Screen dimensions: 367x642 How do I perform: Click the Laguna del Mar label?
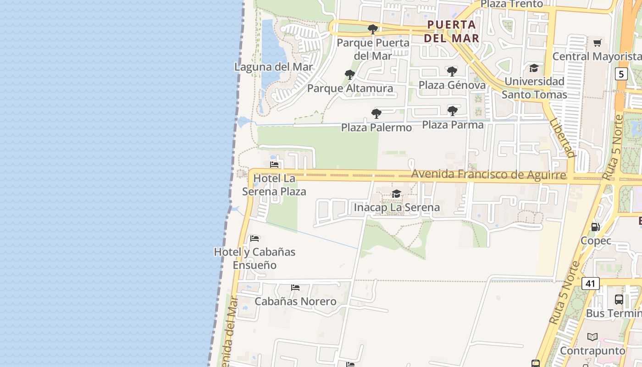(x=273, y=67)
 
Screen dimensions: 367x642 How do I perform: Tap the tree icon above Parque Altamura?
(x=350, y=75)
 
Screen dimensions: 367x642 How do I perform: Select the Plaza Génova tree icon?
(x=452, y=72)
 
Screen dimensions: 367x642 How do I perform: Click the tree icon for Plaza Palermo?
(x=376, y=113)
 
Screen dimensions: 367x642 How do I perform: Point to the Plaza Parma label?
(x=453, y=125)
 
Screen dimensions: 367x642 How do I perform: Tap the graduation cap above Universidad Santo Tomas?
(x=534, y=68)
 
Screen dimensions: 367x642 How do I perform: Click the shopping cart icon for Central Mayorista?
(x=597, y=43)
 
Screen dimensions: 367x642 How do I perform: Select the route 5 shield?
(x=621, y=74)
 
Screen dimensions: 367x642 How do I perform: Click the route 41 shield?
(x=590, y=284)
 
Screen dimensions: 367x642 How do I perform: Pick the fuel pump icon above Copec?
(x=595, y=227)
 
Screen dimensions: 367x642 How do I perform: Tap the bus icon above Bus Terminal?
(x=619, y=300)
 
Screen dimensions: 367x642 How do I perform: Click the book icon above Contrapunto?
(x=592, y=337)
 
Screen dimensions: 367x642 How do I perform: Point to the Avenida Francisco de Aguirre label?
(x=488, y=175)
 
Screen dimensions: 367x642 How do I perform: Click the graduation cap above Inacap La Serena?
(x=396, y=194)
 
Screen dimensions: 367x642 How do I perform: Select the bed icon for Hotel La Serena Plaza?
(x=274, y=165)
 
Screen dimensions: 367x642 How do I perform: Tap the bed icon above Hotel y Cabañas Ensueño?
(x=255, y=239)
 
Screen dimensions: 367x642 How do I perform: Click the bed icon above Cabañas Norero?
(x=295, y=288)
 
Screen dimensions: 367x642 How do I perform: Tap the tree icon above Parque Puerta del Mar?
(x=373, y=29)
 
